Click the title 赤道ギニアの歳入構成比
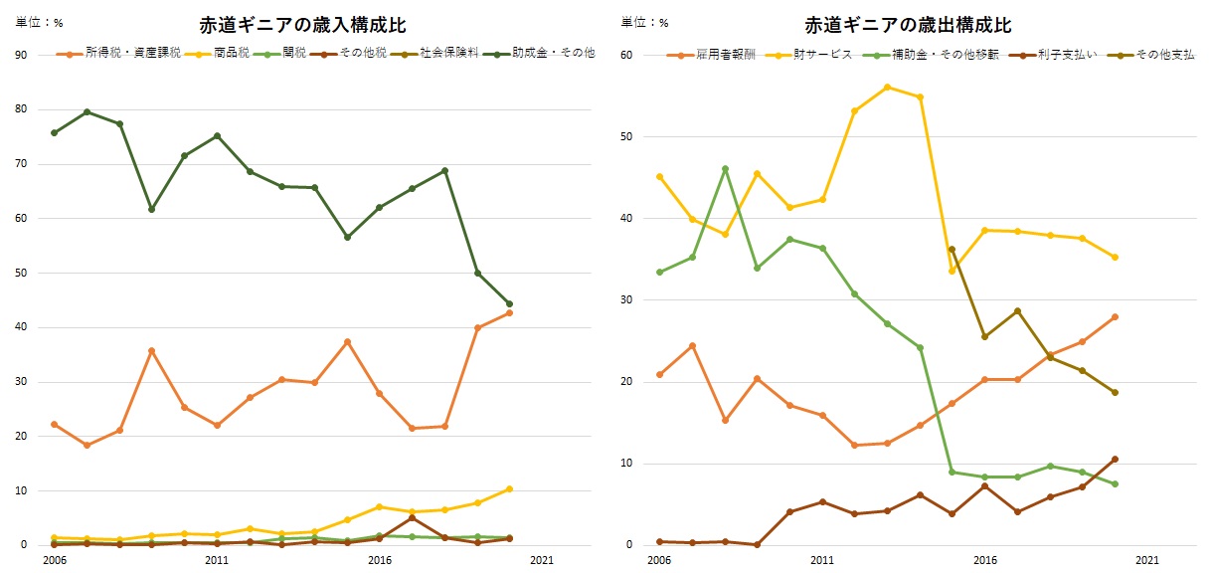tap(302, 25)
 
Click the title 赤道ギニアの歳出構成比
tap(908, 25)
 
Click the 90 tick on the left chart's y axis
tap(20, 55)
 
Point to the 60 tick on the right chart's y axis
tap(625, 55)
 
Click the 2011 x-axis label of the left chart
tap(217, 560)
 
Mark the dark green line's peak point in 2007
tap(86, 111)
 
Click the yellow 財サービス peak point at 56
tap(887, 87)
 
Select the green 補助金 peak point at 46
tap(725, 169)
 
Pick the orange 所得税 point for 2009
tap(151, 350)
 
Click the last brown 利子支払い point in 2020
tap(1115, 459)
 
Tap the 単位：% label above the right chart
tap(645, 22)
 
